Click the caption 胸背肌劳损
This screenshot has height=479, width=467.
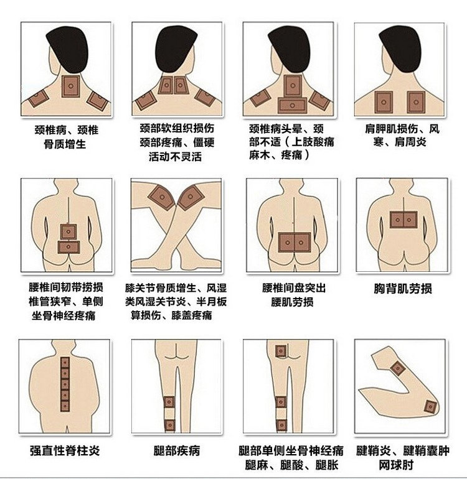coord(403,289)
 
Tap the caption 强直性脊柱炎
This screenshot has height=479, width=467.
coord(65,450)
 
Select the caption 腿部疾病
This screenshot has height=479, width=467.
coord(176,450)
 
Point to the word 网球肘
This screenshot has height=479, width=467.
coord(396,465)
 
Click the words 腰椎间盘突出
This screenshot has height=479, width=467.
coord(294,288)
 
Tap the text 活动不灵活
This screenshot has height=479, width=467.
coord(175,157)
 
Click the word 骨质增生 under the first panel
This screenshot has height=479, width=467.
coord(65,144)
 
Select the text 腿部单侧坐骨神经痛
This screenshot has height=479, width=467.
coord(291,450)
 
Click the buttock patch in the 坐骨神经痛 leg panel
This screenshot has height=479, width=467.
coord(281,351)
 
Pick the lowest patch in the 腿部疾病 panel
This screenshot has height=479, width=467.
coord(170,425)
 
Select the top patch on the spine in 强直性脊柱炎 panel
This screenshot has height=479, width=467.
coord(65,363)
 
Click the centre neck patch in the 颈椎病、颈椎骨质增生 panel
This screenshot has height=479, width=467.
coord(70,86)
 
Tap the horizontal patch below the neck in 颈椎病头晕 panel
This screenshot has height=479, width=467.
coord(293,105)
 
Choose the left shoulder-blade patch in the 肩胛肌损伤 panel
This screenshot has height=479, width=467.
coord(384,102)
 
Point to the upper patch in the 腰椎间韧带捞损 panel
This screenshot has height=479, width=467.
coord(68,231)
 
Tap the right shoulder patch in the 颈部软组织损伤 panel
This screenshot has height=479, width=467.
coord(205,97)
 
